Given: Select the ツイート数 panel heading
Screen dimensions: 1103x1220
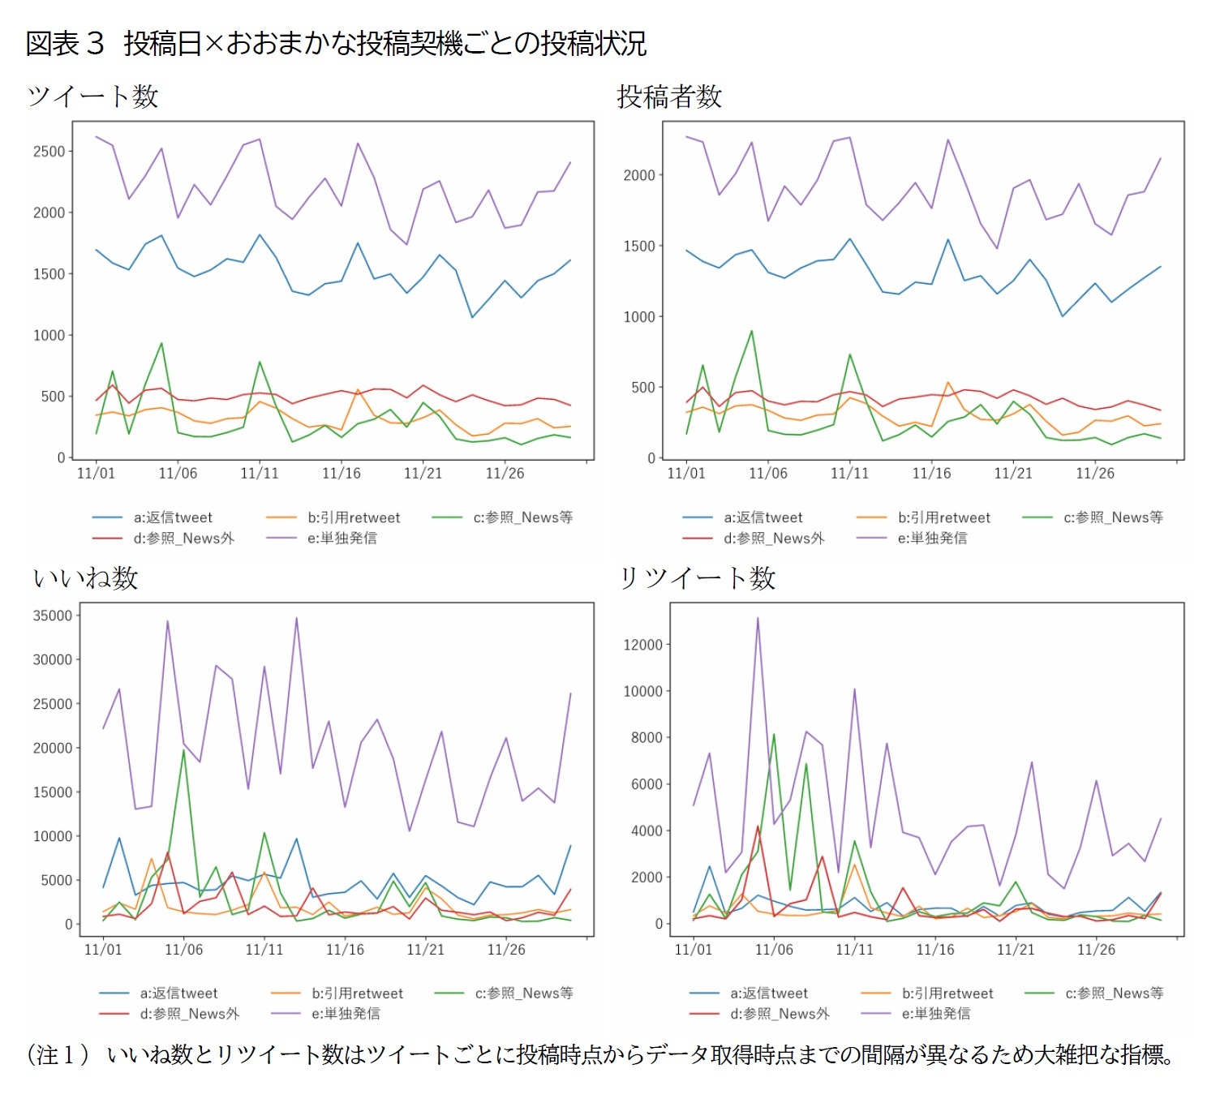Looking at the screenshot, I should pos(92,97).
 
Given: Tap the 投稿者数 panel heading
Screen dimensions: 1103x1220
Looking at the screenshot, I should pos(669,97).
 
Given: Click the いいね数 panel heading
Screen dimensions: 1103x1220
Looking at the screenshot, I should pos(85,578).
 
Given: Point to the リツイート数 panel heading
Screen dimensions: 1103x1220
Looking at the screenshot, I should pos(698,578).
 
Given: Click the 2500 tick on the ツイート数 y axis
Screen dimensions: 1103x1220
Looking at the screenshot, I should pos(49,152).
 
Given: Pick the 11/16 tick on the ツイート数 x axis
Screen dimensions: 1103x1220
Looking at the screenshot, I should pos(341,474).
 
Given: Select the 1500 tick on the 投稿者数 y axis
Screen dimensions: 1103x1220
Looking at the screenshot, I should pos(639,247).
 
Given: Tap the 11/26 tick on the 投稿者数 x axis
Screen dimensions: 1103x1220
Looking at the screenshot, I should pos(1095,474).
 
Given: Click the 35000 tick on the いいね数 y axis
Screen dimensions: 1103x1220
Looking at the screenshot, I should pos(52,616).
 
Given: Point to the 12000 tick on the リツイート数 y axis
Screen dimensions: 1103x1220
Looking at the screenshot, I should pos(642,646).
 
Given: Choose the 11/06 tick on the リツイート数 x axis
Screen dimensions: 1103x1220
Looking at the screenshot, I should pos(774,950).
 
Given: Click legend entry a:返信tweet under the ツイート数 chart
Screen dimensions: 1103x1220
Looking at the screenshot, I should pos(173,517).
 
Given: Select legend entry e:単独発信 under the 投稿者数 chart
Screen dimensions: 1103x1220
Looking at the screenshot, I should pos(932,539).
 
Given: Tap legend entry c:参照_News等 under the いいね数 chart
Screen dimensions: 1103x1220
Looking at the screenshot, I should pos(524,994).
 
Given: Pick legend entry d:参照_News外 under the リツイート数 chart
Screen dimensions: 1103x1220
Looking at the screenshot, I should pos(780,1014).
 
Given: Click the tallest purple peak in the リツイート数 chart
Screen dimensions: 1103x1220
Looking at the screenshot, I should pos(758,618).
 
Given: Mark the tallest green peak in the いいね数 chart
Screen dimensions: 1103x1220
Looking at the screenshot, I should pos(184,750).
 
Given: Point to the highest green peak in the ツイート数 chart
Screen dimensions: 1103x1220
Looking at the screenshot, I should pos(161,343).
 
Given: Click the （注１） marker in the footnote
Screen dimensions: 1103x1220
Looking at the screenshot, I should pos(58,1055).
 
